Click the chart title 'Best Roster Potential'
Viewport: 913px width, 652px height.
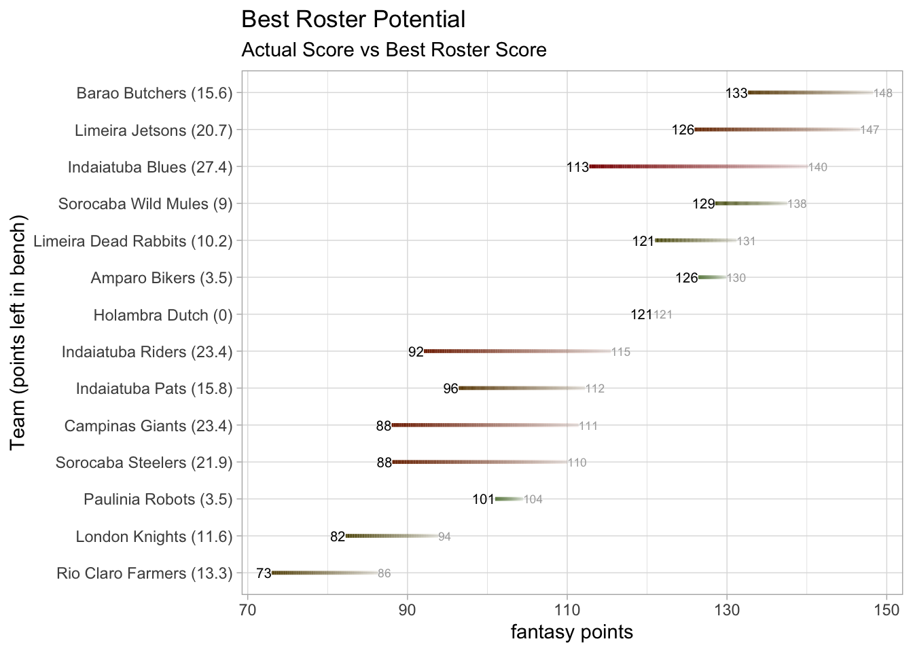pos(353,20)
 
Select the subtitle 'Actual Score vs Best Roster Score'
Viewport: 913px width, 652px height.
pos(394,50)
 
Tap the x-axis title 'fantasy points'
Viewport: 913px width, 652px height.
pos(572,632)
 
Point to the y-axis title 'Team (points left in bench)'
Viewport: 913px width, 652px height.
pos(18,333)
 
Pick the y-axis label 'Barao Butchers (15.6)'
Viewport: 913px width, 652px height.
pos(154,93)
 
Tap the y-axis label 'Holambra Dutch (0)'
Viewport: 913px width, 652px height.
pos(163,315)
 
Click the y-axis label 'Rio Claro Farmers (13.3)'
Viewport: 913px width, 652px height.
pos(145,574)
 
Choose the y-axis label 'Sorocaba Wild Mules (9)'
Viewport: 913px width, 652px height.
pos(145,204)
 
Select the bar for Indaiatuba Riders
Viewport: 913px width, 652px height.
pos(517,351)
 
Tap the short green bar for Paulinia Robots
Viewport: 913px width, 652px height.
pos(509,499)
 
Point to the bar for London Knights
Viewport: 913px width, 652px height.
pos(391,536)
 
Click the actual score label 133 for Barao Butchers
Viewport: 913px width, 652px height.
pos(736,93)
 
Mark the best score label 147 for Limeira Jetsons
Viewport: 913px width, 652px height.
pos(870,130)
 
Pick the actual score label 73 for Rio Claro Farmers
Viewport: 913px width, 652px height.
pos(264,574)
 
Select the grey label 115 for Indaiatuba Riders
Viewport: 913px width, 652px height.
pos(621,352)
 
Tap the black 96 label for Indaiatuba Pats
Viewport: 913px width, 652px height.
pos(450,389)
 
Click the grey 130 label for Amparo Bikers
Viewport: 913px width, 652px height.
pos(736,278)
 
